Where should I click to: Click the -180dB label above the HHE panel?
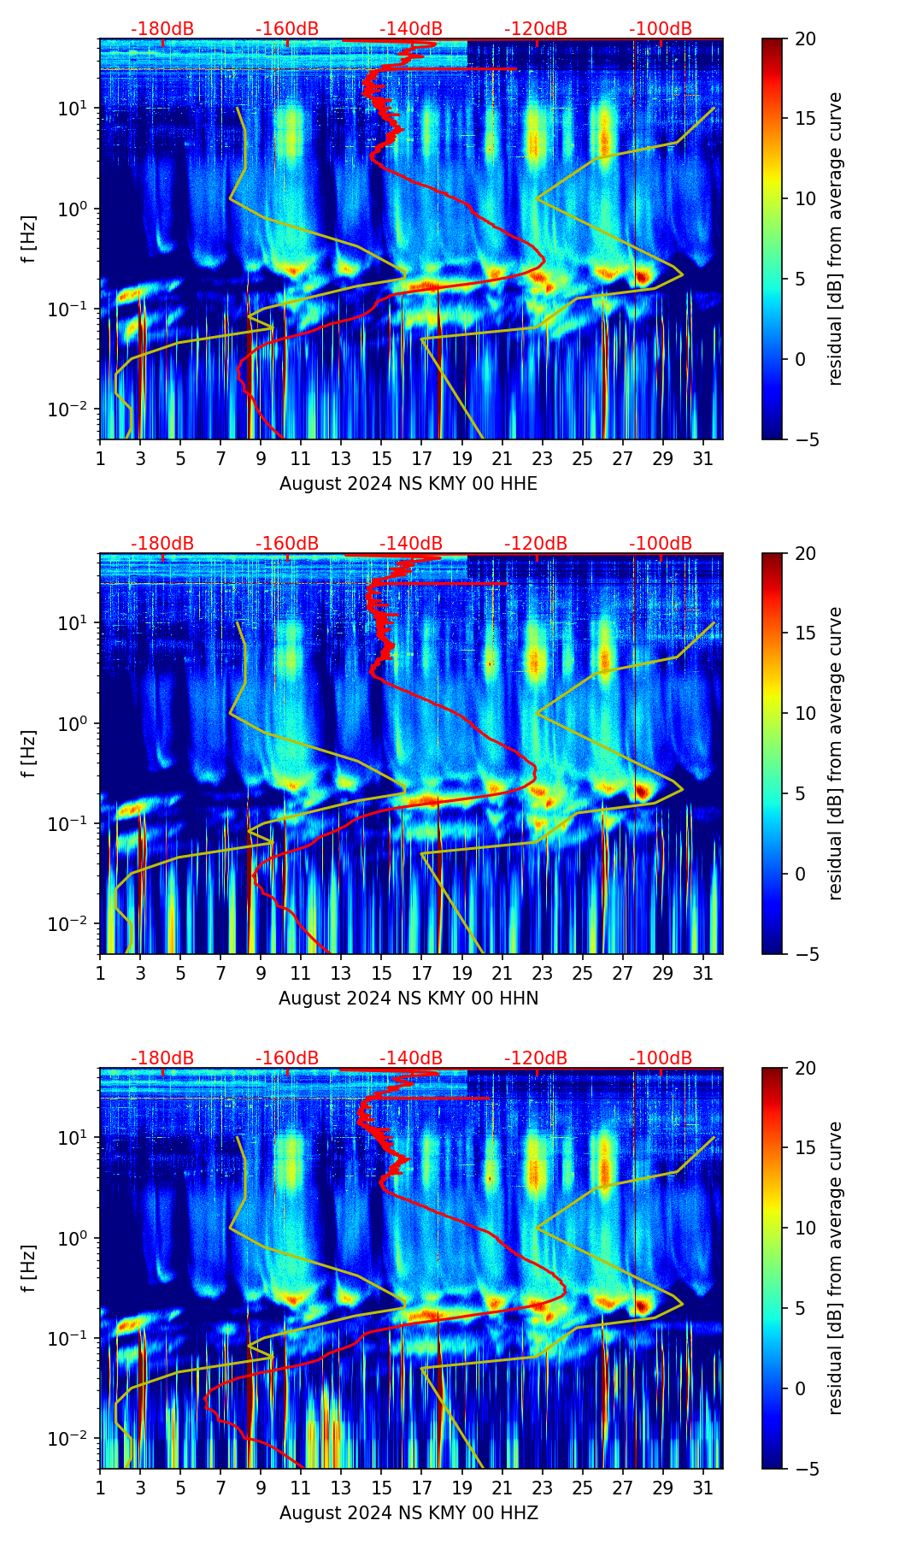coord(162,29)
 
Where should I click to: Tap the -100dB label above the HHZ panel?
coord(661,1058)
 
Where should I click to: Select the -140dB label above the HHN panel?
coord(411,544)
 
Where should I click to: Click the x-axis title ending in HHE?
coord(408,484)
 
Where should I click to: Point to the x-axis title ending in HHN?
coord(408,999)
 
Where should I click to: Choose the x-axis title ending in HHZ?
coord(408,1513)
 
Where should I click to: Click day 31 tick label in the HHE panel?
coord(702,458)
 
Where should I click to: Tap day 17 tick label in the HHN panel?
coord(421,973)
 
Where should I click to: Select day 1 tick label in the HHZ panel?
coord(100,1488)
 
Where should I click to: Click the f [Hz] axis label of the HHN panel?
coord(29,753)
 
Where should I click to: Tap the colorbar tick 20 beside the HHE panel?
coord(805,38)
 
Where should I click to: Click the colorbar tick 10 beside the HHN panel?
coord(805,713)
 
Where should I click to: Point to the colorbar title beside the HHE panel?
coord(835,239)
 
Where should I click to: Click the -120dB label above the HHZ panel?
coord(536,1058)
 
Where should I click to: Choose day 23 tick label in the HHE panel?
coord(542,458)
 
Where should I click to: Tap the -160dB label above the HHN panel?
coord(287,544)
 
